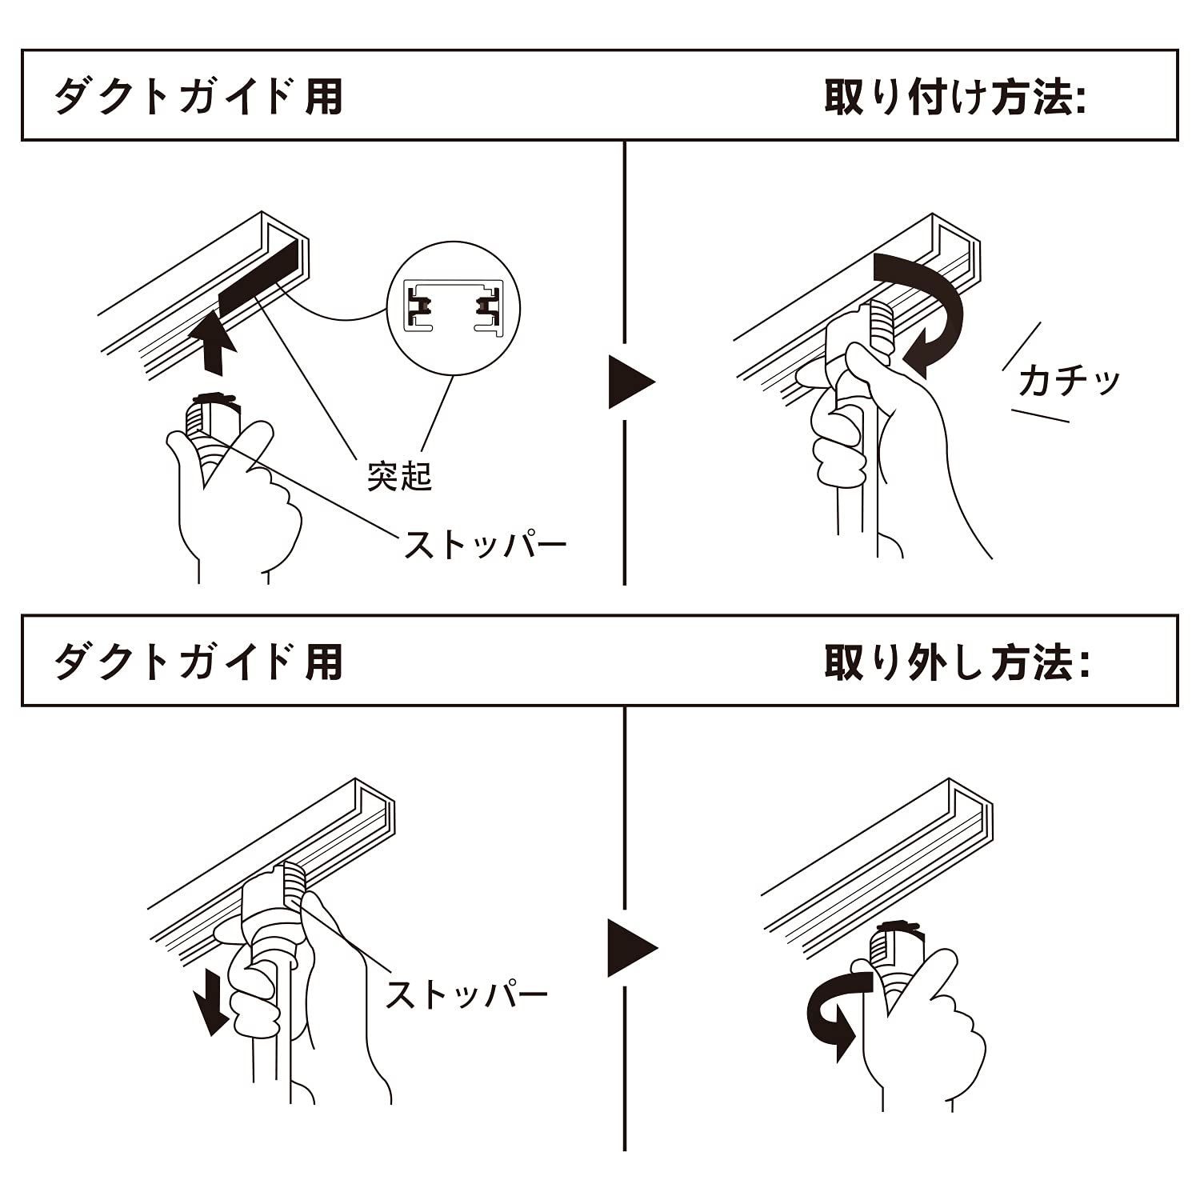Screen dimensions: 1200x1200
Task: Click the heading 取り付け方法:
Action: (x=954, y=98)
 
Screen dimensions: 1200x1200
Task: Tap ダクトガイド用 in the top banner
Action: (x=198, y=98)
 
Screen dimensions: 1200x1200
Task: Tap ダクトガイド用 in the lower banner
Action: (x=198, y=662)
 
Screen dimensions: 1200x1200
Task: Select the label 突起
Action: (x=399, y=476)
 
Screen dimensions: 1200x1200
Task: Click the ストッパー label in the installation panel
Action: (x=485, y=546)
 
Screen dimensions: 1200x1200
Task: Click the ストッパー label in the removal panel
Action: (x=466, y=994)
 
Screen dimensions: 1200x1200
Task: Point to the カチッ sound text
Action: (x=1069, y=382)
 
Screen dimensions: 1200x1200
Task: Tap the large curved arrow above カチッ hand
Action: (x=928, y=308)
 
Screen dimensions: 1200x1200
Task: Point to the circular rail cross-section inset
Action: (x=453, y=306)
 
